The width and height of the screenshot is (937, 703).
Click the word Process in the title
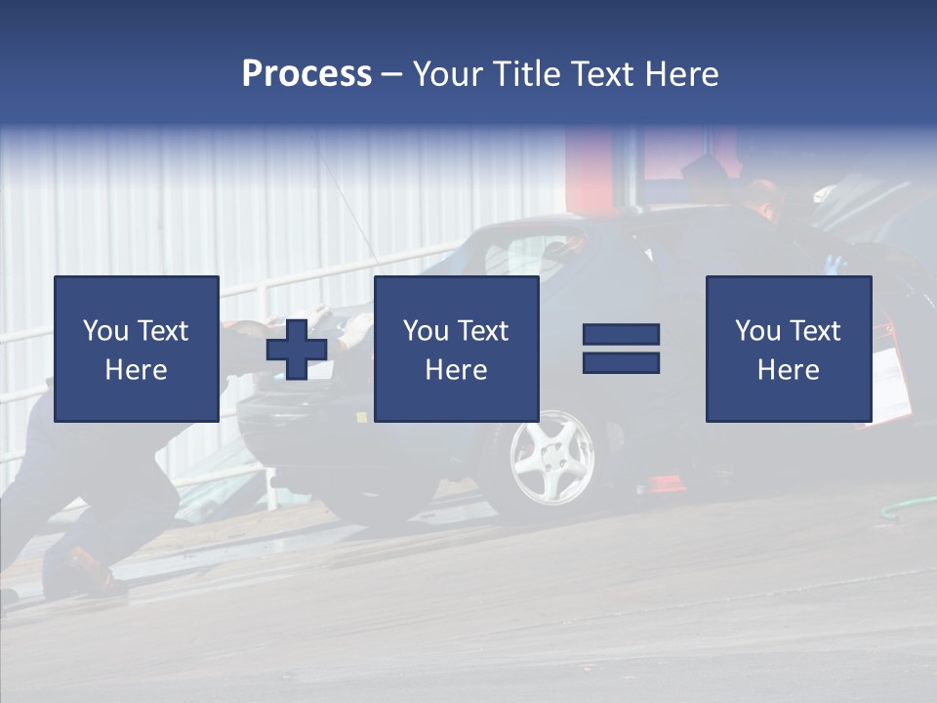[306, 74]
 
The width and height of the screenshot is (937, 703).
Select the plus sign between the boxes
[297, 350]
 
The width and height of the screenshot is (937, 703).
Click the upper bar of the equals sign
[621, 334]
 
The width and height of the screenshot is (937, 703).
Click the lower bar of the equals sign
[621, 363]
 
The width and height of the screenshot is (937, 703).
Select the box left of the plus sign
[136, 349]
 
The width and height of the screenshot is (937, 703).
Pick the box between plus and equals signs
[456, 349]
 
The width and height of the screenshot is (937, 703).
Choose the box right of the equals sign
[788, 349]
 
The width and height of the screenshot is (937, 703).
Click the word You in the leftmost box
[105, 331]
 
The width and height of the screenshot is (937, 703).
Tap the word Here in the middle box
[456, 370]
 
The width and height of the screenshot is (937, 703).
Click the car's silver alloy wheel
[551, 457]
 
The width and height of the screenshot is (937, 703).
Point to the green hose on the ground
[909, 507]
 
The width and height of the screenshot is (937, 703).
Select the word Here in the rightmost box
[788, 370]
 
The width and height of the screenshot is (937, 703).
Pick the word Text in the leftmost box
[163, 331]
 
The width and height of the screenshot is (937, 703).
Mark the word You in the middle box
[426, 331]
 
